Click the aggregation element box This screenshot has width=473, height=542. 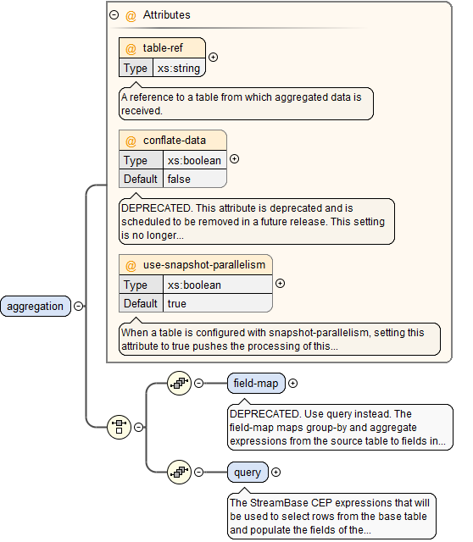click(36, 307)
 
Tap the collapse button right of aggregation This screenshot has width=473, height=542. click(79, 307)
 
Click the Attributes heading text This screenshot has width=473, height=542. click(166, 15)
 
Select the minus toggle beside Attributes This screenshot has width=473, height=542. click(114, 15)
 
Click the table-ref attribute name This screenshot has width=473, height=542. click(162, 48)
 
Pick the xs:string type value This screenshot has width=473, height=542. click(179, 68)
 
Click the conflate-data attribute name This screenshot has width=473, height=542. click(174, 141)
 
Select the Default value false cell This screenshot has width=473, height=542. click(179, 179)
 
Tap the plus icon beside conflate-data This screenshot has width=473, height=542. click(235, 158)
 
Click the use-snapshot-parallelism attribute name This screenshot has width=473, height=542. click(203, 265)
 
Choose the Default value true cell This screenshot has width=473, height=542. click(176, 303)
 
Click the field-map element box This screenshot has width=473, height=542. click(255, 384)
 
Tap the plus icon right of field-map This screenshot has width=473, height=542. click(292, 384)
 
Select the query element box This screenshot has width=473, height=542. click(247, 472)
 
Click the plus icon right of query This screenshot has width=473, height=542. click(275, 472)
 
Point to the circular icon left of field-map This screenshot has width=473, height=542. click(179, 384)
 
